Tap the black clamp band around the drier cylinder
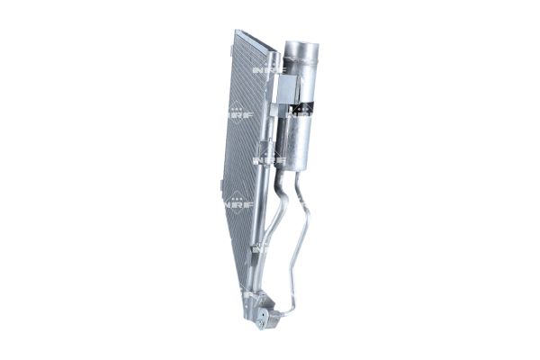[x=301, y=111]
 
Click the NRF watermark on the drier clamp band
[x=301, y=112]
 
